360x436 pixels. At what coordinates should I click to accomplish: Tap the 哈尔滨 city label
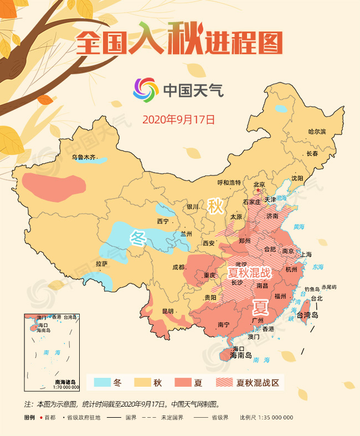(317, 132)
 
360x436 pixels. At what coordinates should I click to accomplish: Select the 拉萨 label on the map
(102, 263)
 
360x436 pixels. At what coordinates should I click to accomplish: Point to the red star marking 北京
(257, 190)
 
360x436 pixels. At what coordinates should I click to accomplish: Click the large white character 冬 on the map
(137, 238)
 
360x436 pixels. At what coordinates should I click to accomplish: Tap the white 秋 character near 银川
(215, 206)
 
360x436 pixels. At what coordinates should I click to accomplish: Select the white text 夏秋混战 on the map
(250, 273)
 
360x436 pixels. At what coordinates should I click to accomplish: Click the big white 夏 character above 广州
(261, 306)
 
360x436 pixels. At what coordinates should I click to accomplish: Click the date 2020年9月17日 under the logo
(178, 119)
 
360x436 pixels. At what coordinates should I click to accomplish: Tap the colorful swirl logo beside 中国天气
(145, 90)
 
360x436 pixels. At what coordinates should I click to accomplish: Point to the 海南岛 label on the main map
(240, 355)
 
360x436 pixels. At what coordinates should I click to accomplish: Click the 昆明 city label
(167, 311)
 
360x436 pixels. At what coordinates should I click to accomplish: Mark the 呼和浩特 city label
(229, 183)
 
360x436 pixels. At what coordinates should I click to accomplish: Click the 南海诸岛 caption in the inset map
(65, 381)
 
